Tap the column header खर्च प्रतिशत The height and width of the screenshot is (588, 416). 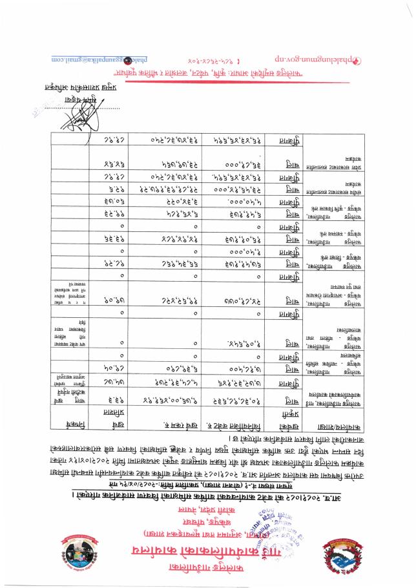pos(117,409)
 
